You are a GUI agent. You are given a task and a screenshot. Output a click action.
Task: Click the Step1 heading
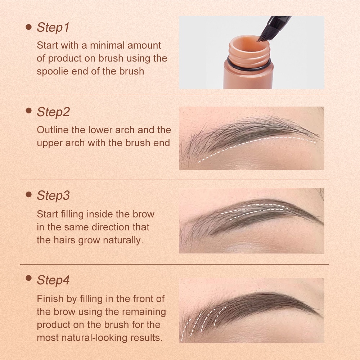(x=53, y=27)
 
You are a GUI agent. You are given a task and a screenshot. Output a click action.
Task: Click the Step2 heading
(x=53, y=112)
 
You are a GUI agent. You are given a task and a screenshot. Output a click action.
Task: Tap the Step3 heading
(x=53, y=195)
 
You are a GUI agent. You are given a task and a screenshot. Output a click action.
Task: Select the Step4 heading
(x=53, y=280)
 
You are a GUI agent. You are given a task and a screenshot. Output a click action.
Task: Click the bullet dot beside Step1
(x=29, y=27)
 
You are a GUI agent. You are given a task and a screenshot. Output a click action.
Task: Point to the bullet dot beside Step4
(x=29, y=279)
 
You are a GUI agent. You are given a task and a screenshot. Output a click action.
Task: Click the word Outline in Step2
(x=53, y=130)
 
